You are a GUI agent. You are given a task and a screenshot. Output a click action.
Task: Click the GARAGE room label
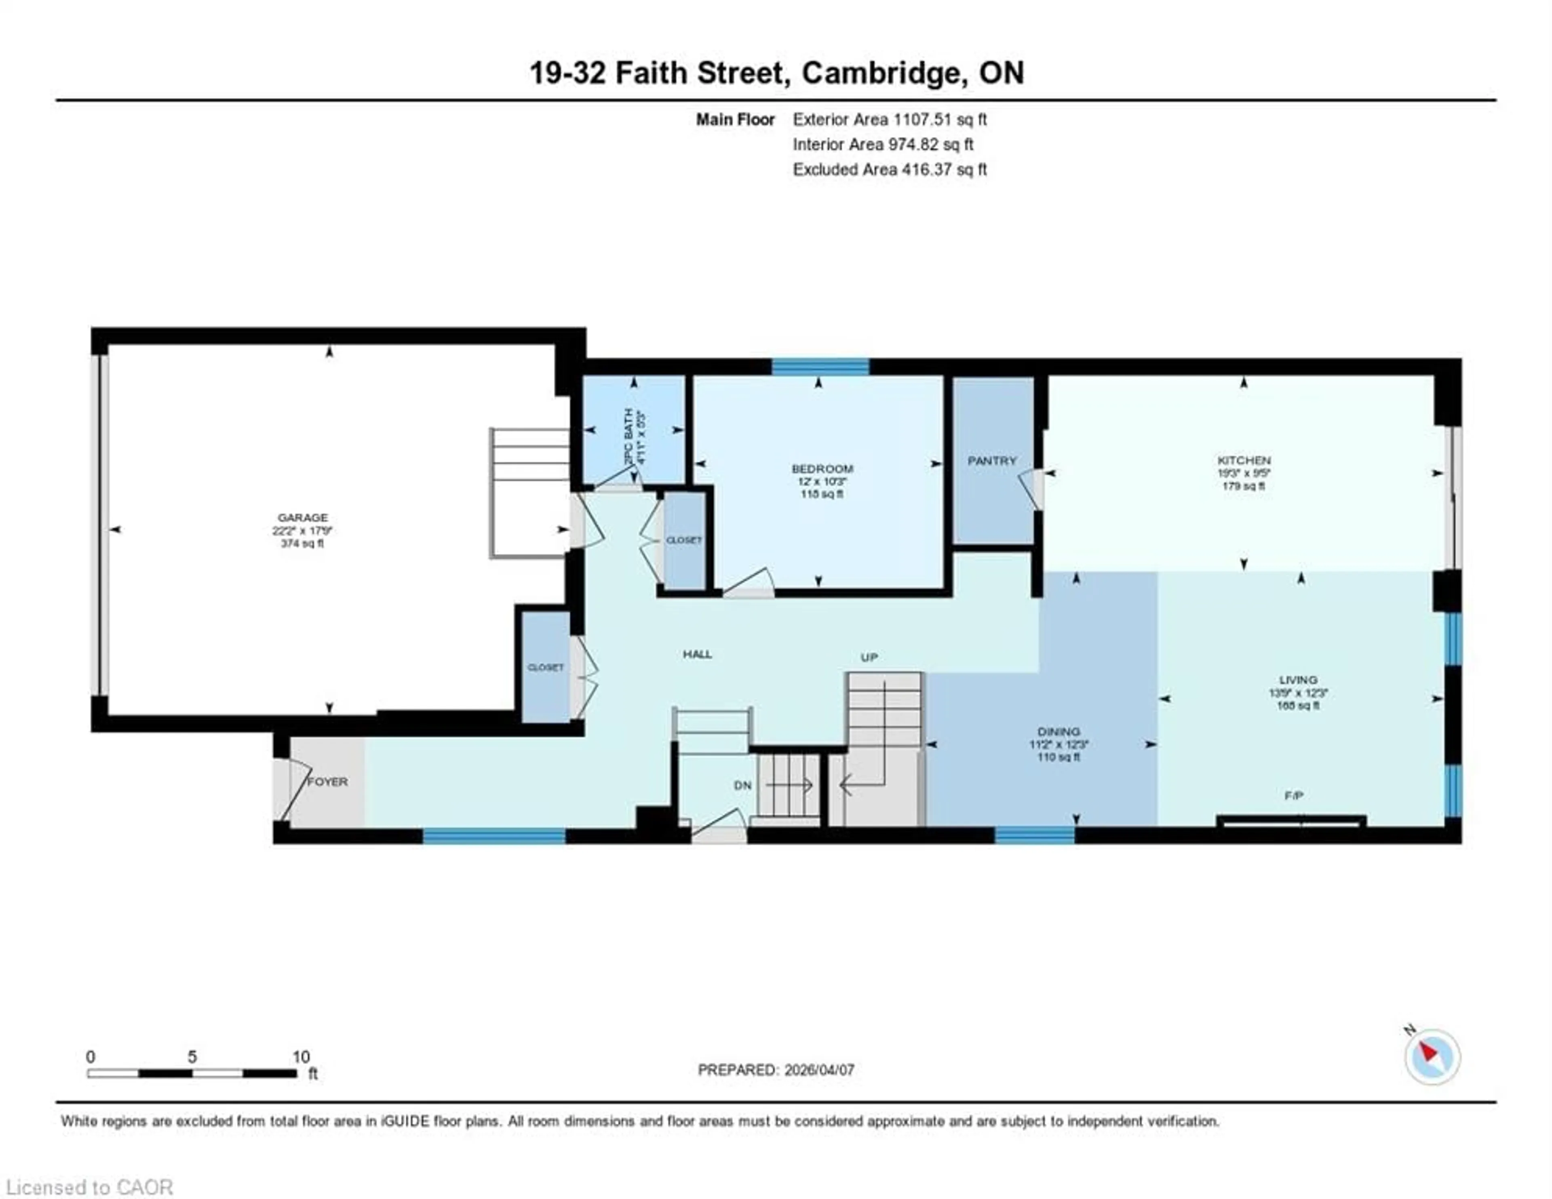(303, 517)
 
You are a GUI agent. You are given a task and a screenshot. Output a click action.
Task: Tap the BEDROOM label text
(822, 468)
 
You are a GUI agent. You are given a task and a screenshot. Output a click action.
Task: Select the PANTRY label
(992, 461)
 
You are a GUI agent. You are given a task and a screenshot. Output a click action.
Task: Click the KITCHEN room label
(1244, 460)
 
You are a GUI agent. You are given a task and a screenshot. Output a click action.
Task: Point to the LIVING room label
(1298, 679)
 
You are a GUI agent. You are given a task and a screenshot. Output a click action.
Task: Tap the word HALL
(697, 654)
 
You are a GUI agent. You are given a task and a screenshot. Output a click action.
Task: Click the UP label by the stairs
(869, 657)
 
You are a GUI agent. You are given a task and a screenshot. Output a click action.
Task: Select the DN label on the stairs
(742, 785)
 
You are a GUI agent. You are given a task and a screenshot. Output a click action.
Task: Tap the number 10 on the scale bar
(301, 1057)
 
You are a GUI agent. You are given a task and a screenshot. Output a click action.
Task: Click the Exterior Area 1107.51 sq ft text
(890, 119)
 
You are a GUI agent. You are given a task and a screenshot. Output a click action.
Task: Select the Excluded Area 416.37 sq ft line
(890, 169)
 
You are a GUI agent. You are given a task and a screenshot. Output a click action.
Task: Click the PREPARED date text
(776, 1070)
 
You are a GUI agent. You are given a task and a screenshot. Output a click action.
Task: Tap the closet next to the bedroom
(683, 540)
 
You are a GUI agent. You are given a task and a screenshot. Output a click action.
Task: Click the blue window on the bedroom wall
(820, 367)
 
